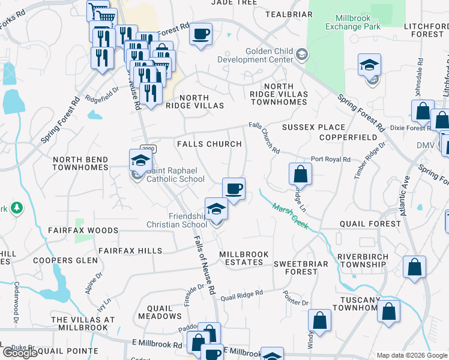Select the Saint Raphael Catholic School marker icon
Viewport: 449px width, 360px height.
[x=140, y=161]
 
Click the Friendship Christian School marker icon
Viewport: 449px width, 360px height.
[x=217, y=209]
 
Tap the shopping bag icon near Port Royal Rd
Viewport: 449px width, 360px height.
[x=300, y=174]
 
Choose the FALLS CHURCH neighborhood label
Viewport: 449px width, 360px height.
[x=209, y=144]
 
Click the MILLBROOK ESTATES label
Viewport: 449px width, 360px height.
[x=244, y=259]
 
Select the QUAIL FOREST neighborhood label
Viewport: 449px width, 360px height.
[x=369, y=224]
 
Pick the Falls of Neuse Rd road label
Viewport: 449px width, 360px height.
[x=205, y=264]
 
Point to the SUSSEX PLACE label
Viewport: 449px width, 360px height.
[x=313, y=127]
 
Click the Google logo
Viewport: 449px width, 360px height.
[x=20, y=353]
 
